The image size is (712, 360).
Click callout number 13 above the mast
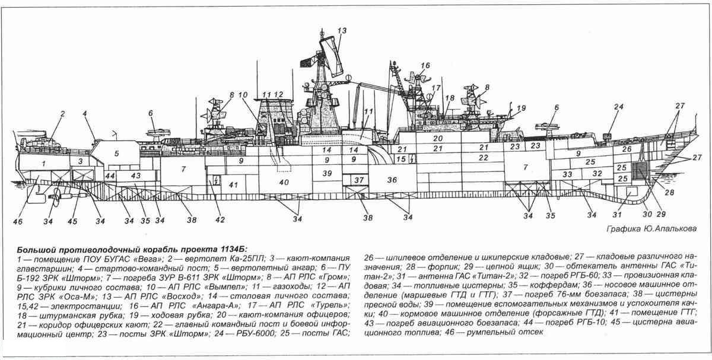pyautogui.click(x=342, y=30)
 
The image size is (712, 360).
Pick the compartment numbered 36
pyautogui.click(x=392, y=180)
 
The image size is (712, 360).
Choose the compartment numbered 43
pyautogui.click(x=135, y=176)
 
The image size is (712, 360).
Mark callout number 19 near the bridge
pyautogui.click(x=522, y=108)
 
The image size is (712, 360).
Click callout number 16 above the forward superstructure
pyautogui.click(x=425, y=65)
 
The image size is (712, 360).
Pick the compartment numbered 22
pyautogui.click(x=484, y=158)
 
